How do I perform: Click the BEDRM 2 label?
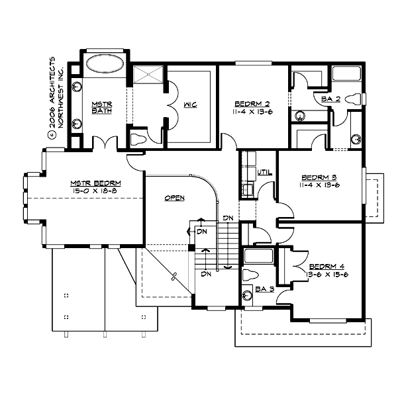pos(252,104)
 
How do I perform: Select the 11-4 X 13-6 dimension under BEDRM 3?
pos(321,185)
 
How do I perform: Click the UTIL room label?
pos(265,173)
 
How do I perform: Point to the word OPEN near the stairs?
pos(175,198)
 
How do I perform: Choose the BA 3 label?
pos(265,288)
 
